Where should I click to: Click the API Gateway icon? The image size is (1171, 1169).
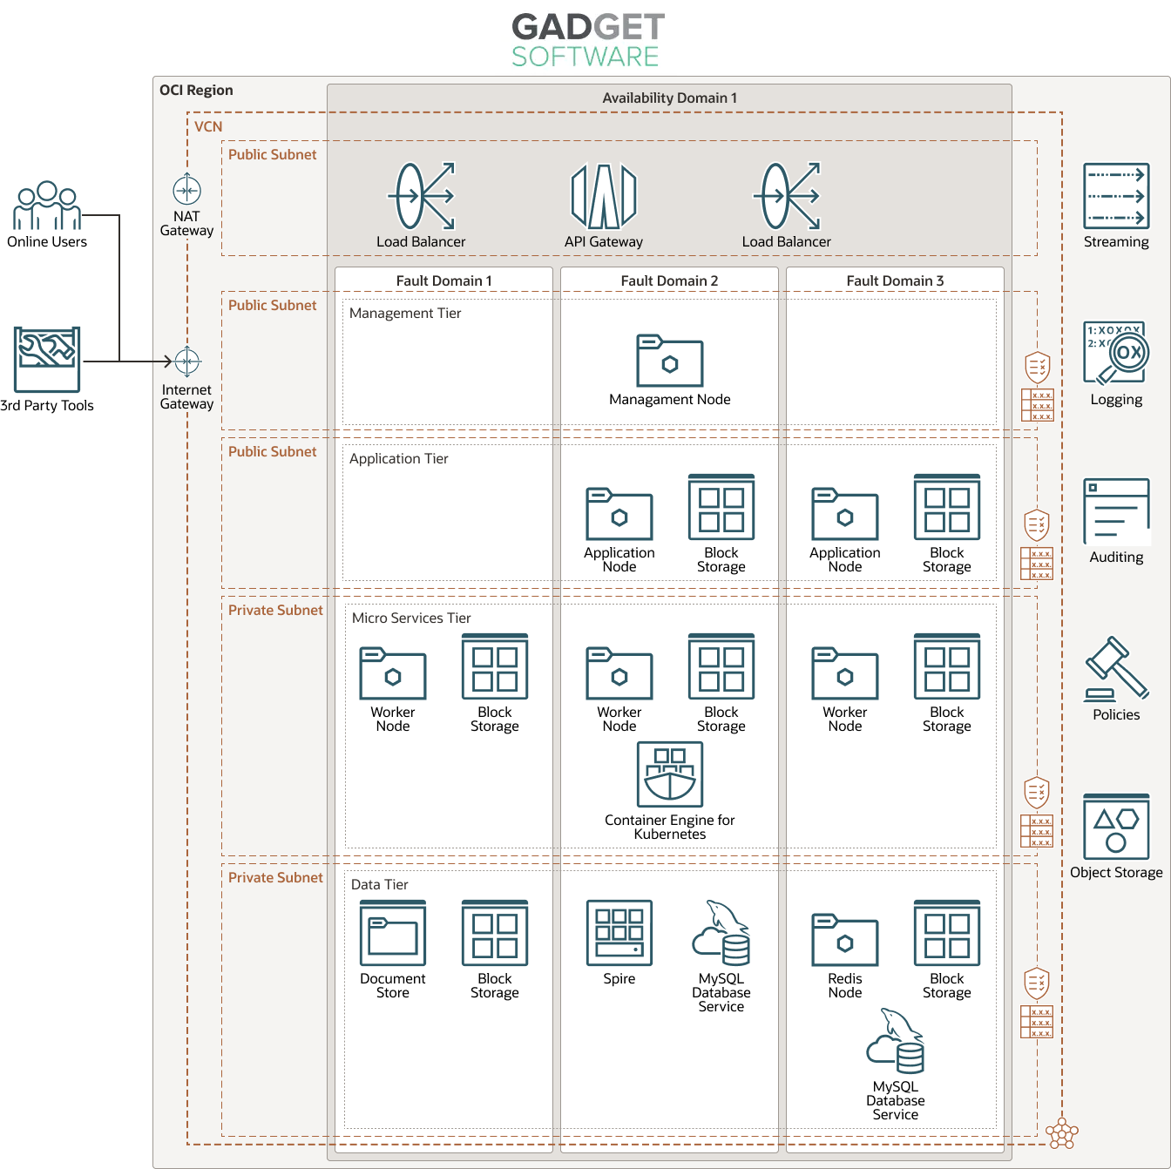tap(603, 196)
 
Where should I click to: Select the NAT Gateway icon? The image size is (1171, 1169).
tap(187, 190)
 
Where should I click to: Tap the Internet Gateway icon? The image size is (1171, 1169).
tap(187, 362)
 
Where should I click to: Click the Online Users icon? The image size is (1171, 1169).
tap(47, 206)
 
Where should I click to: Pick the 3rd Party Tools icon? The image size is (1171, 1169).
tap(47, 359)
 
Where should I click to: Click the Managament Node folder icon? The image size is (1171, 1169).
tap(669, 361)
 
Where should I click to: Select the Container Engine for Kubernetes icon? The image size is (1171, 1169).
tap(669, 774)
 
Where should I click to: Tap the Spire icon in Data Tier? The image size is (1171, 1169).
tap(619, 933)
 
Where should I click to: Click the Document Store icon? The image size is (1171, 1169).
tap(393, 933)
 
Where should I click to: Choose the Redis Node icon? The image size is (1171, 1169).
tap(844, 940)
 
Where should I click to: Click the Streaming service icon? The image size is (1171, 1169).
tap(1116, 196)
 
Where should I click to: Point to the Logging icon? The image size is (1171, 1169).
tap(1116, 354)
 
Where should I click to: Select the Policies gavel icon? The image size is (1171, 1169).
tap(1116, 669)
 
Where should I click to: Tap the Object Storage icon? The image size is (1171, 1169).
tap(1116, 827)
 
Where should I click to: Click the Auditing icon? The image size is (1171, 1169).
tap(1116, 511)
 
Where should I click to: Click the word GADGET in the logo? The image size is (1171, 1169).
tap(588, 27)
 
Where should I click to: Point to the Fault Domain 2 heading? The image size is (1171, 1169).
tap(669, 280)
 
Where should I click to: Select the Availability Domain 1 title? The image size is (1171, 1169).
tap(669, 98)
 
